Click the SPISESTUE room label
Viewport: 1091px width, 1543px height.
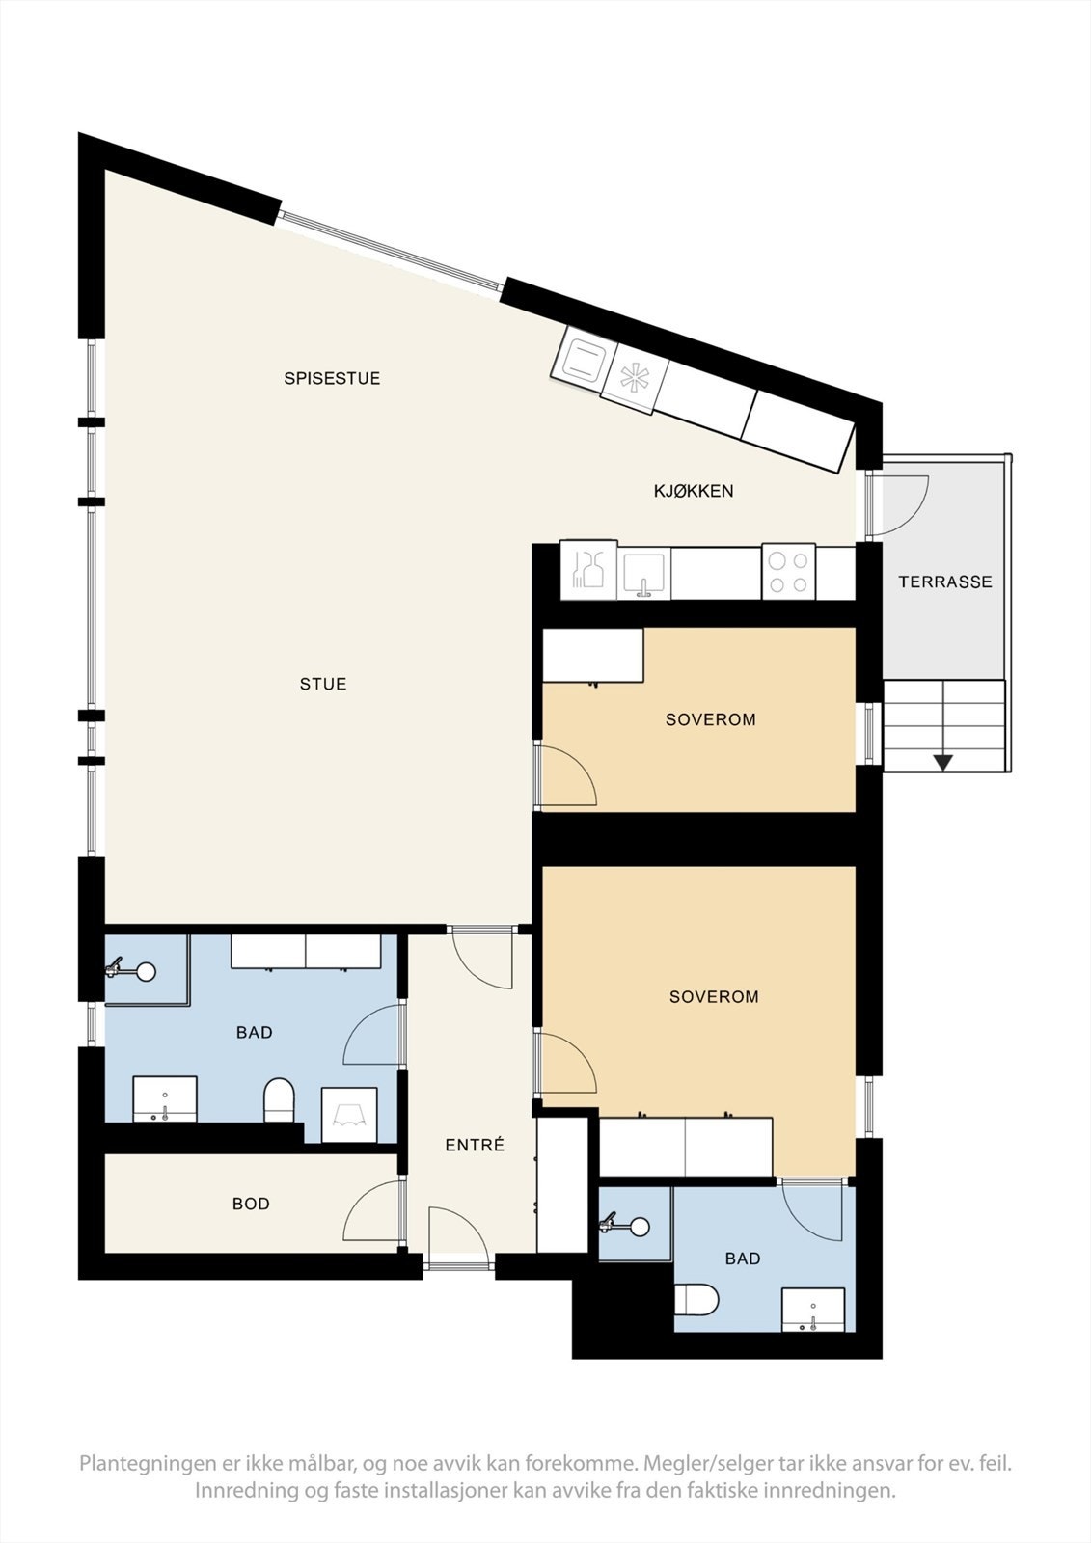pyautogui.click(x=332, y=378)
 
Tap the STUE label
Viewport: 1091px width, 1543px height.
pyautogui.click(x=322, y=684)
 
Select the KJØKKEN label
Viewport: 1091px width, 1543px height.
pyautogui.click(x=694, y=491)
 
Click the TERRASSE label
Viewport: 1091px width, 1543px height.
pyautogui.click(x=944, y=582)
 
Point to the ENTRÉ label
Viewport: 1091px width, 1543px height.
pyautogui.click(x=475, y=1146)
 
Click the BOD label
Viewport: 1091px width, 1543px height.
pyautogui.click(x=251, y=1204)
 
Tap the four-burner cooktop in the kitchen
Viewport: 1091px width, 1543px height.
pyautogui.click(x=788, y=572)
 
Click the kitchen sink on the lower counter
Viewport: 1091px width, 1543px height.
pyautogui.click(x=643, y=575)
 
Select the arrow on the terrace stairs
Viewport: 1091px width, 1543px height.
pyautogui.click(x=942, y=762)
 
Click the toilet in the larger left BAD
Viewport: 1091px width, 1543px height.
pyautogui.click(x=279, y=1100)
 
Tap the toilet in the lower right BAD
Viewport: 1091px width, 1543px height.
pyautogui.click(x=696, y=1300)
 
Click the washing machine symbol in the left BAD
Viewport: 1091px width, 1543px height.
pyautogui.click(x=348, y=1115)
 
